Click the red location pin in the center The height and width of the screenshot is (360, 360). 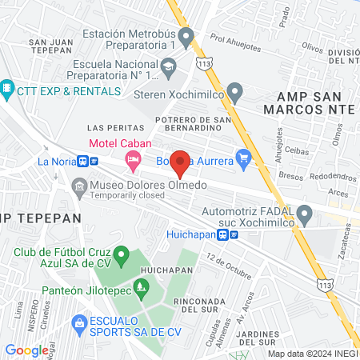click(x=181, y=162)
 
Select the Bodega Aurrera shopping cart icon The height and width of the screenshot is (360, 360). click(x=244, y=158)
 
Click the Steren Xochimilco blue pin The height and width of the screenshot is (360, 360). click(x=234, y=92)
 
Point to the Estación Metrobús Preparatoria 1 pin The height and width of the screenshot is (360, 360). click(x=186, y=37)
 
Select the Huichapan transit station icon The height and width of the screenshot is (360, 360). click(x=231, y=235)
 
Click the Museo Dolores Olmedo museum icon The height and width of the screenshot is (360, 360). click(x=79, y=189)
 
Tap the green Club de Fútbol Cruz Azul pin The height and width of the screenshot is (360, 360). click(x=122, y=257)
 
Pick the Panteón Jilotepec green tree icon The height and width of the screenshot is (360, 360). click(x=142, y=286)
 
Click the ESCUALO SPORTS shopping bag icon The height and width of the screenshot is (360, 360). click(x=79, y=324)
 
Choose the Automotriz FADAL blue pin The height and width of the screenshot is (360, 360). click(x=304, y=214)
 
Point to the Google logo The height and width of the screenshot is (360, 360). click(x=26, y=350)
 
